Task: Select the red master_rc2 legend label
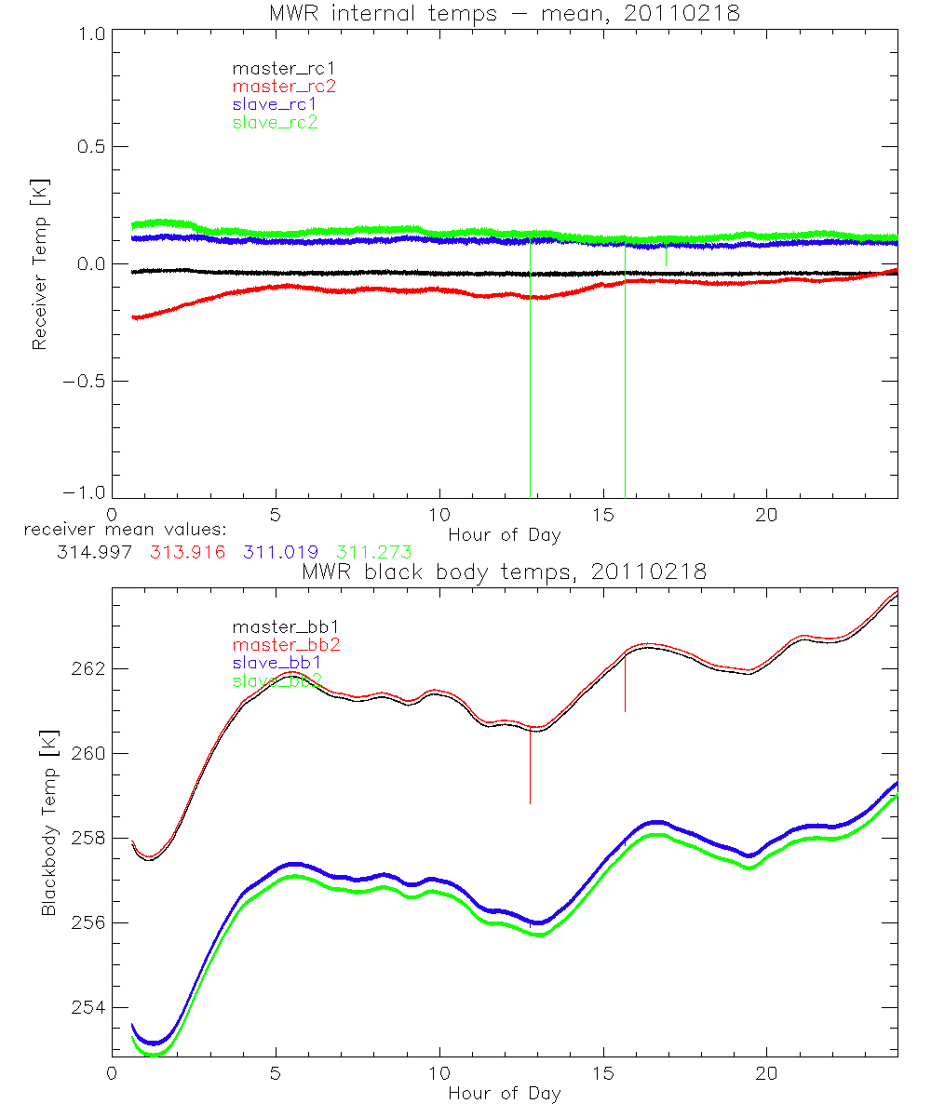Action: [283, 86]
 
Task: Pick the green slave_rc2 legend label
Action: [275, 122]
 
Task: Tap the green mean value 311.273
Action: [374, 552]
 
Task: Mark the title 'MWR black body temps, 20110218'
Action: [504, 572]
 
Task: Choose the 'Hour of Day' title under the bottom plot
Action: [504, 1093]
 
